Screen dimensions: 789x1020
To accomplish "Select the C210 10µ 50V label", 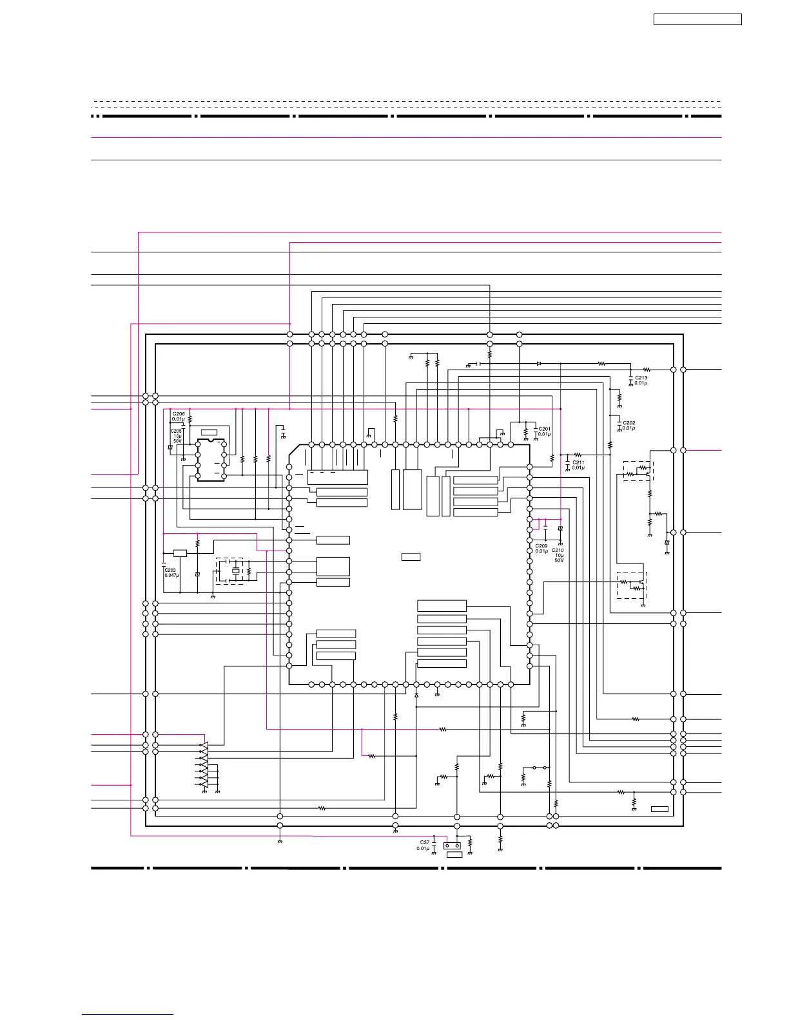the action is coord(558,555).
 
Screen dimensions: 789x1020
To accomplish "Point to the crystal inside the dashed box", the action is coord(235,571).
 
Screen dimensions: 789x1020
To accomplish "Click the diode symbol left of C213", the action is coord(539,364).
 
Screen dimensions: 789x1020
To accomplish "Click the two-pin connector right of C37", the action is coord(452,846).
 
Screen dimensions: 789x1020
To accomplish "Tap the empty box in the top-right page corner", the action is coord(697,19).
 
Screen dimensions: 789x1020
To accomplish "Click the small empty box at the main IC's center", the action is coord(411,556).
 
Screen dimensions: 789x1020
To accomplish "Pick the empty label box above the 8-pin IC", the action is coord(209,432).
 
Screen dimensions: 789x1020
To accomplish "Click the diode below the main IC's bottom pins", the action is coord(416,696).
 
